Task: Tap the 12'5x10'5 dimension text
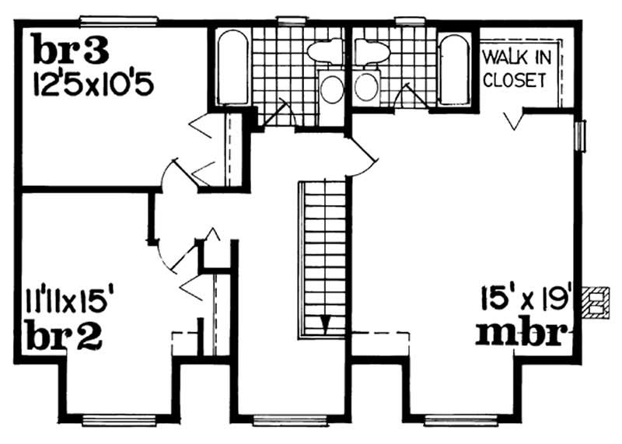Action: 93,81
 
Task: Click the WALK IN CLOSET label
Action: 515,68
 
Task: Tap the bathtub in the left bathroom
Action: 232,68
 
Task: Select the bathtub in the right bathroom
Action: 453,68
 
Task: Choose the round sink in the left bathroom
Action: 332,89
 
